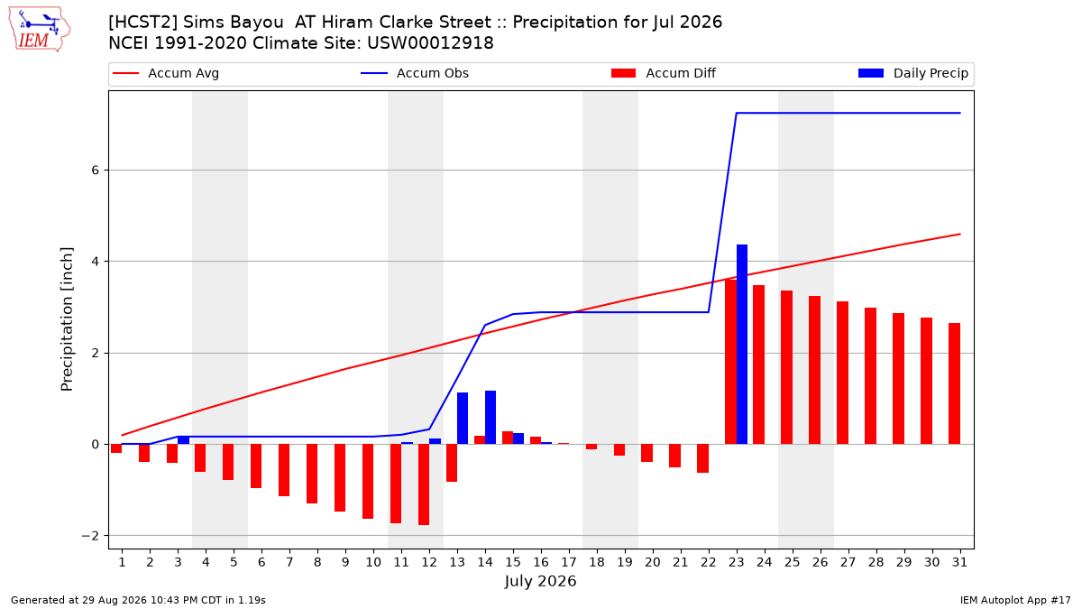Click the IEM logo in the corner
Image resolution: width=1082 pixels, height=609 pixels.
coord(39,30)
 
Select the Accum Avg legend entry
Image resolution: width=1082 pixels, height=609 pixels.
coord(166,73)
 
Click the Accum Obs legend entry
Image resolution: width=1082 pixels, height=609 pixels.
coord(415,73)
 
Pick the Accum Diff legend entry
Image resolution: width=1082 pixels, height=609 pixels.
coord(664,73)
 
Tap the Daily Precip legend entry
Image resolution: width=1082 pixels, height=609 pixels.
coord(912,73)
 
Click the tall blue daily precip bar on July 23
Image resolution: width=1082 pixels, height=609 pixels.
coord(742,344)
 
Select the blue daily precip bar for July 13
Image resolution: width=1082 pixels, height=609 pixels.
coord(463,418)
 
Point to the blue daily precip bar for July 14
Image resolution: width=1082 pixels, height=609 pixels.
coord(491,417)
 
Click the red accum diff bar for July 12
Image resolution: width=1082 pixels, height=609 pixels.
coord(424,484)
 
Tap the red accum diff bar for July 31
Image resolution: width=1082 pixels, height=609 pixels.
coord(954,383)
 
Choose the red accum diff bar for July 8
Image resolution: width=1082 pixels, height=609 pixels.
coord(312,474)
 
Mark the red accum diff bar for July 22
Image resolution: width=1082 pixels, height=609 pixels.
coord(702,458)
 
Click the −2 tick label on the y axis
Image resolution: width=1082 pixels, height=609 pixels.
coord(90,536)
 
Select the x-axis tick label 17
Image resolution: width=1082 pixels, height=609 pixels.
coord(569,562)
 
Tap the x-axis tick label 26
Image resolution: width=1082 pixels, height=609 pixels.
coord(821,562)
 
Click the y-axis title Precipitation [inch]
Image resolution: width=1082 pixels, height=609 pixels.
coord(67,319)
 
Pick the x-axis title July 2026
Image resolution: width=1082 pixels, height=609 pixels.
coord(540,581)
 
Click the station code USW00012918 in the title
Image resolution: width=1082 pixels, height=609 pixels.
coord(430,43)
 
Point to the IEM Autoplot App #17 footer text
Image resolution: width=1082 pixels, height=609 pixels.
coord(1015,600)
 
